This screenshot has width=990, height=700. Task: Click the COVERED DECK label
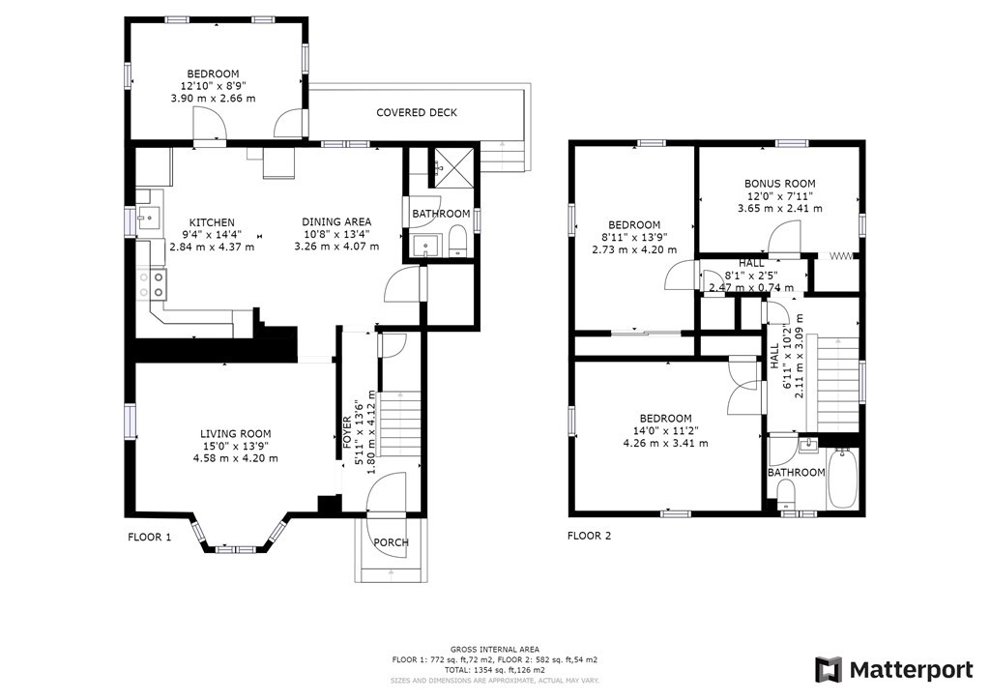click(417, 113)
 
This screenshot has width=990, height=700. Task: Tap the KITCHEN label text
click(212, 222)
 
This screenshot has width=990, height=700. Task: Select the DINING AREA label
click(336, 222)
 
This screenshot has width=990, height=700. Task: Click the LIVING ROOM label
click(236, 434)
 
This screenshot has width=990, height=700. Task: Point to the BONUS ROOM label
click(780, 185)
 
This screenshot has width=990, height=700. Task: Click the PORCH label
click(391, 542)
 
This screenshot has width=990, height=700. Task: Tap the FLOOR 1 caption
click(150, 538)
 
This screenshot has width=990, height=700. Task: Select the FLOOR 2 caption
click(589, 537)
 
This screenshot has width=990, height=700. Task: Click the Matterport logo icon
click(829, 670)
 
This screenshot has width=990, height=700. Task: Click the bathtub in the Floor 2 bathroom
click(842, 478)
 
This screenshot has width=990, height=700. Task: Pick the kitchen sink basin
click(149, 219)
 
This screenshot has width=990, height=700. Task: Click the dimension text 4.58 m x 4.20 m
click(236, 459)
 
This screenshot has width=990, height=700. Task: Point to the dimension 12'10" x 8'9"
click(214, 86)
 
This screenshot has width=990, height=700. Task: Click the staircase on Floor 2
click(838, 385)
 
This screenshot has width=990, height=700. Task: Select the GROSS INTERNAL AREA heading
click(495, 650)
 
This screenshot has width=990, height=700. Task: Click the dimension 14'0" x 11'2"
click(666, 431)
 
